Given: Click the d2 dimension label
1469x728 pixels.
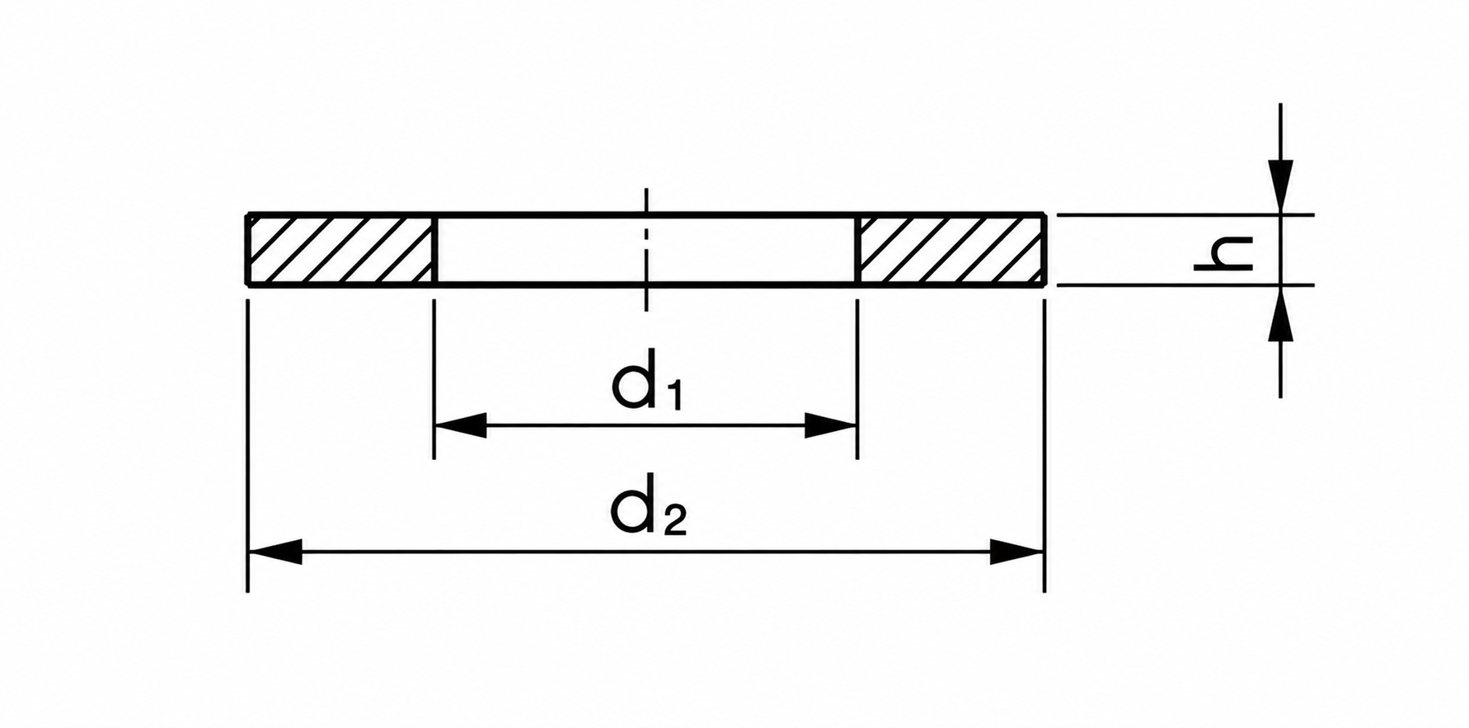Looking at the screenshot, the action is [x=648, y=504].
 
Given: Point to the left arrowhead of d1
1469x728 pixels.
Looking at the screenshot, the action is [x=460, y=426].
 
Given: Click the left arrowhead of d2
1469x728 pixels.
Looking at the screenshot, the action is [x=275, y=552].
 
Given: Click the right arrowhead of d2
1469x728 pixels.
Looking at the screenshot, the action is [x=1017, y=552].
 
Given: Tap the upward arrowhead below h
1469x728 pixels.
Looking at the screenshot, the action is [x=1280, y=312].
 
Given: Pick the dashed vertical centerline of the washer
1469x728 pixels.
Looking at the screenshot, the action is [x=647, y=250].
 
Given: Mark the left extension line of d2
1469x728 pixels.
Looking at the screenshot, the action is [x=247, y=445].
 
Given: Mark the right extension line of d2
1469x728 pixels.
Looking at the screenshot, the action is [x=1044, y=445].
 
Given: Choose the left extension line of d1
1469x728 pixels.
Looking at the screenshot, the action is [x=434, y=378].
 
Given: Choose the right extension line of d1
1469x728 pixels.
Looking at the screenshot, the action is [x=857, y=378].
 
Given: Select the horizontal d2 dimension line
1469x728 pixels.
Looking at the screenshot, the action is [x=646, y=552].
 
